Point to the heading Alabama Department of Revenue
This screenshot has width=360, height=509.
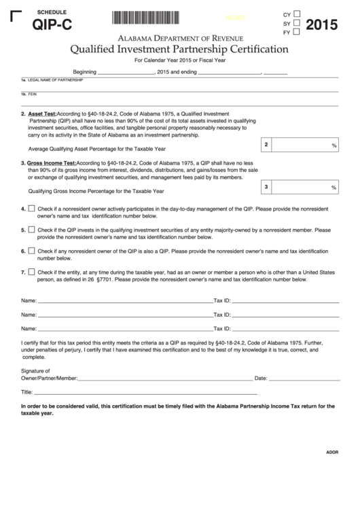click(x=179, y=38)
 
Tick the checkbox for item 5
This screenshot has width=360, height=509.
click(x=31, y=230)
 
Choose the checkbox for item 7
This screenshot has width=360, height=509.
click(x=31, y=272)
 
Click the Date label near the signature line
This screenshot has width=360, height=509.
click(x=261, y=377)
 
